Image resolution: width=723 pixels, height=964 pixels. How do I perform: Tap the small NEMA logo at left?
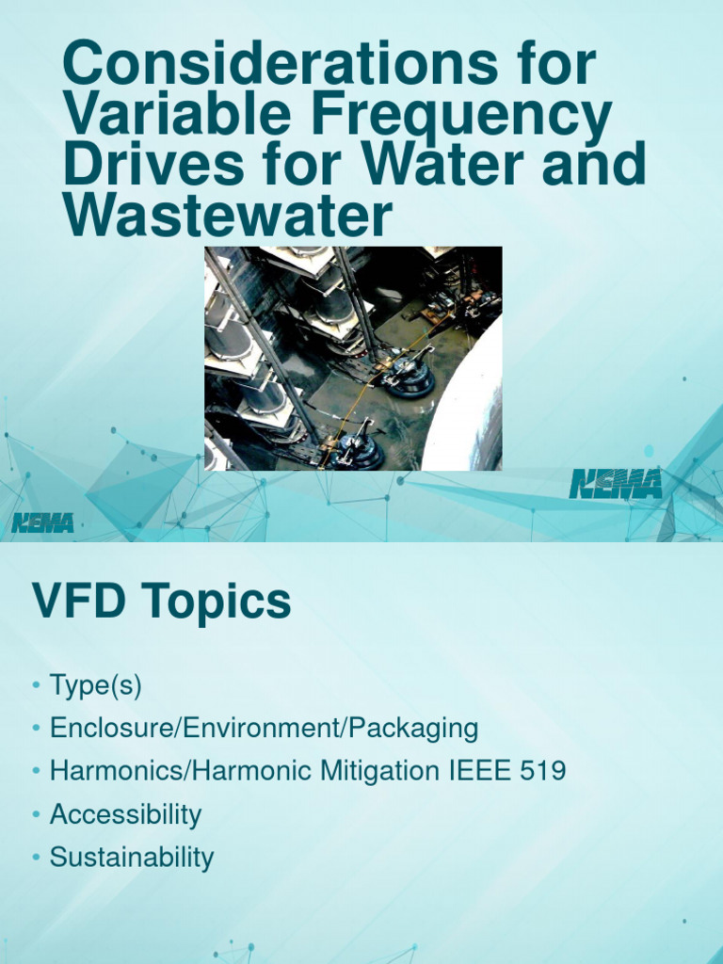point(42,522)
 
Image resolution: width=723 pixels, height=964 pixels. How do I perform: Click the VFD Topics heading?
point(161,602)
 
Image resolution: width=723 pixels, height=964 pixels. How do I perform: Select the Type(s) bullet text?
point(95,685)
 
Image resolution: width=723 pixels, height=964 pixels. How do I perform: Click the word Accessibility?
point(125,814)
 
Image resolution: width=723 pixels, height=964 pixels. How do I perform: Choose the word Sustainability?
point(132,858)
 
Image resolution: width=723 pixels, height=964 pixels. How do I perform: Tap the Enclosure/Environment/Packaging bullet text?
point(264,729)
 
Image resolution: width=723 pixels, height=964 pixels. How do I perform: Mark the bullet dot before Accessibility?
point(36,815)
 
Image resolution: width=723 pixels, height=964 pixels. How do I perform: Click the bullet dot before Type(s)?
point(36,686)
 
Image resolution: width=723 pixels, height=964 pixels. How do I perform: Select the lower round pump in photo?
point(359,450)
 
